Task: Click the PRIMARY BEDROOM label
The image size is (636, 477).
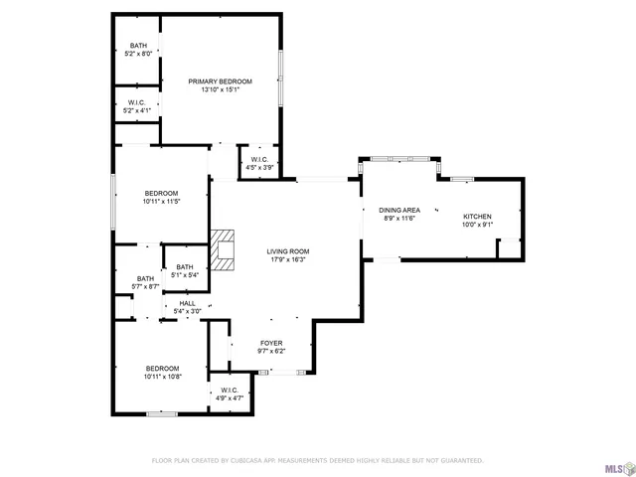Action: pyautogui.click(x=221, y=81)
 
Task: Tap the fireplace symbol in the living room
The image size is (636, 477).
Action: pyautogui.click(x=224, y=251)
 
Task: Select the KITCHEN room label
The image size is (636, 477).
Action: pyautogui.click(x=477, y=217)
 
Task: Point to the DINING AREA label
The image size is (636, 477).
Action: pyautogui.click(x=399, y=210)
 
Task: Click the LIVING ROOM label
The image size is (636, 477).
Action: pyautogui.click(x=287, y=251)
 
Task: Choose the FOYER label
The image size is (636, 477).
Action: pyautogui.click(x=271, y=343)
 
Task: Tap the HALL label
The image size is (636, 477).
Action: pyautogui.click(x=187, y=303)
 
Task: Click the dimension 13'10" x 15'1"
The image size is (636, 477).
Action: pyautogui.click(x=221, y=89)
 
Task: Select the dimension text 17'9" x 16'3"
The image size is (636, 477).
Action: pyautogui.click(x=287, y=260)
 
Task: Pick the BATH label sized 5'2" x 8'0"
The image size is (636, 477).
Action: pyautogui.click(x=138, y=47)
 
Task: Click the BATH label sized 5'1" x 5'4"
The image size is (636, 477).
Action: pyautogui.click(x=185, y=266)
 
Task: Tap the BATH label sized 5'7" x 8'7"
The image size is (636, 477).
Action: pyautogui.click(x=145, y=278)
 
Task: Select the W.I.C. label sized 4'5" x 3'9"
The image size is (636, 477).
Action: pyautogui.click(x=259, y=160)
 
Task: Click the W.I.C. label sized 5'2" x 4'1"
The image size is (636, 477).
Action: pyautogui.click(x=137, y=102)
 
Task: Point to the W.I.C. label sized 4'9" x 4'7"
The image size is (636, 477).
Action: pyautogui.click(x=229, y=391)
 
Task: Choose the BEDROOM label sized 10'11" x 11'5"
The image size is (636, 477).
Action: pyautogui.click(x=161, y=193)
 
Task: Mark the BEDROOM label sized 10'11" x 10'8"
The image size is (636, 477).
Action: pyautogui.click(x=161, y=368)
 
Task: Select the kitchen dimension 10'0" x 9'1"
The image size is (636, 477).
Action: pyautogui.click(x=477, y=226)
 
